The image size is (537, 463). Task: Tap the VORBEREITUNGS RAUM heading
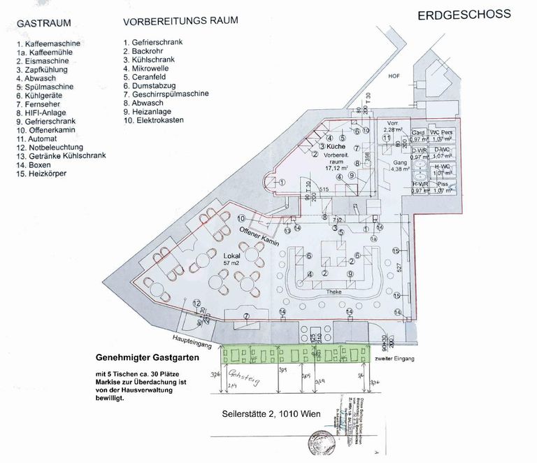point(180,20)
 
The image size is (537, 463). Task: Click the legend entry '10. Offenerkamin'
point(46,130)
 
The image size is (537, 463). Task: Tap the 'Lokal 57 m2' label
point(232,259)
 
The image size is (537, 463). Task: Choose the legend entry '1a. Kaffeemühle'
point(48,52)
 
